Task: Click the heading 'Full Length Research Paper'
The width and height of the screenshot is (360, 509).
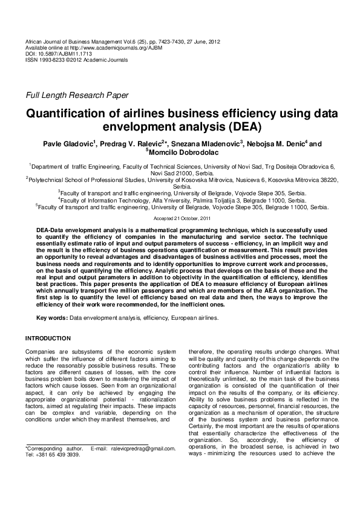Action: [x=76, y=95]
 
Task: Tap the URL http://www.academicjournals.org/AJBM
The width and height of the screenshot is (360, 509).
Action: [x=106, y=48]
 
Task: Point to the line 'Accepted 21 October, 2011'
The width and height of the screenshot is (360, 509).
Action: [x=182, y=218]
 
